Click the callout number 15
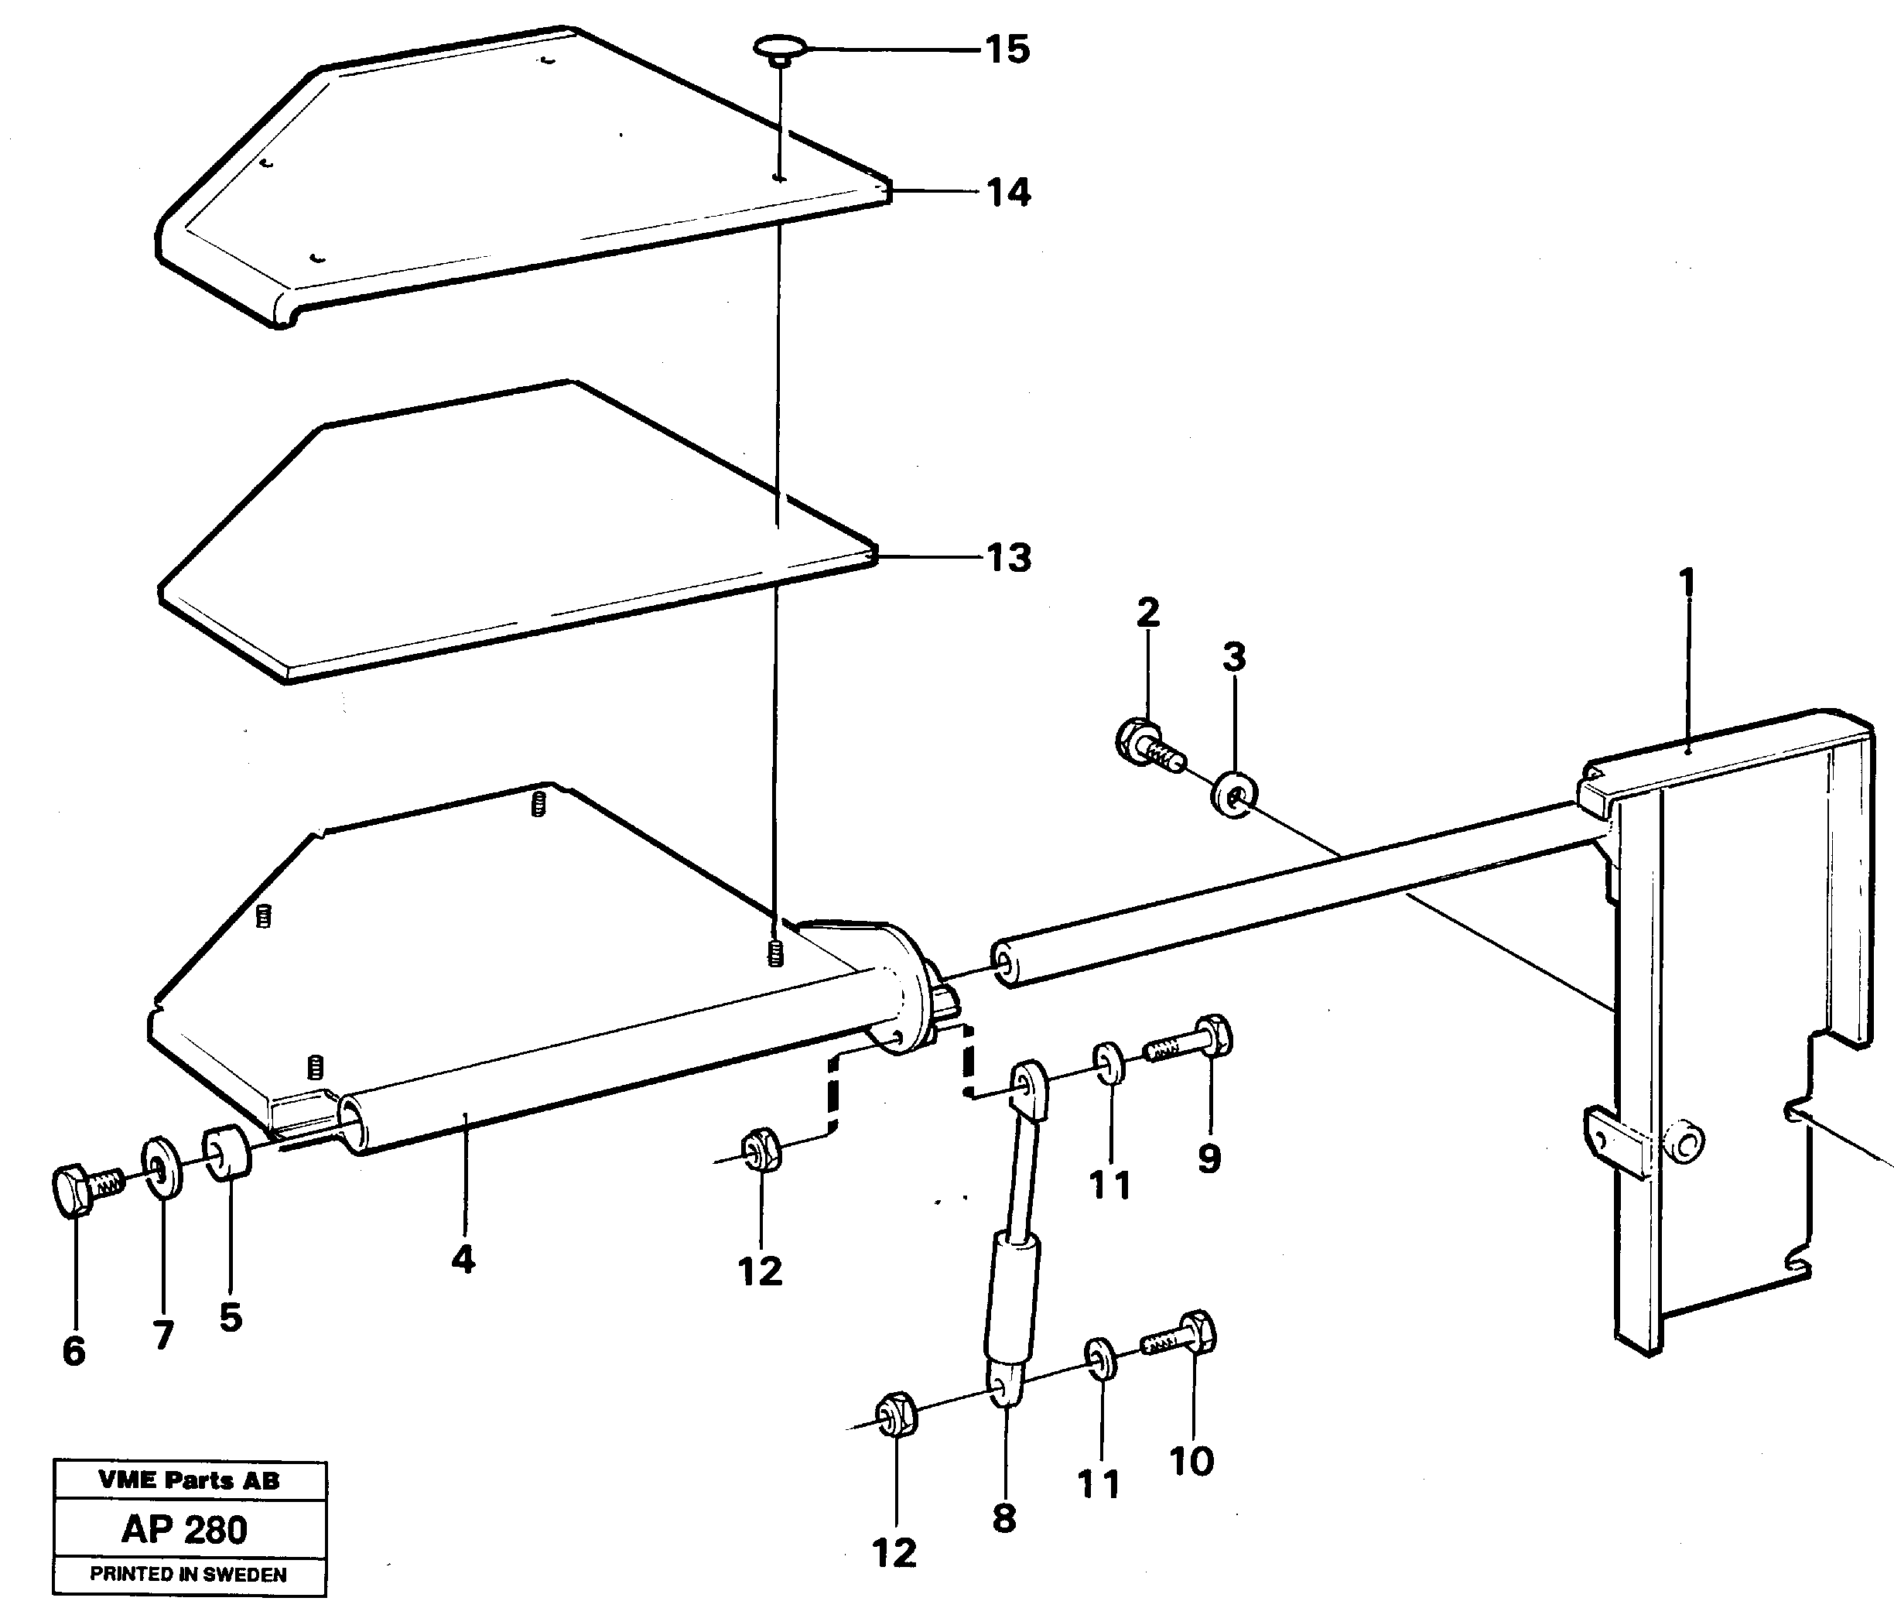1007,50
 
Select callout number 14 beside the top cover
1009,193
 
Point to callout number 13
1009,558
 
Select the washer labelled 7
162,1168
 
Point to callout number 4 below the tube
463,1260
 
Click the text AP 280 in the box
185,1530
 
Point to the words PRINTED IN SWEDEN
188,1574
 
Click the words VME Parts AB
189,1480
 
